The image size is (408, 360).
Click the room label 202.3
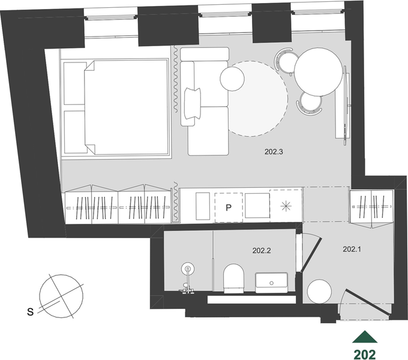coord(274,152)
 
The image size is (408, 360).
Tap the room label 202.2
coord(262,250)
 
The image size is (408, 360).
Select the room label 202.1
coord(352,249)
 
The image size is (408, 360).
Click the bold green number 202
coord(365,354)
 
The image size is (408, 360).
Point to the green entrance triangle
coord(365,337)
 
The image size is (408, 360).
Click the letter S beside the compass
coord(31,311)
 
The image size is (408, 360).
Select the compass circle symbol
coord(61,296)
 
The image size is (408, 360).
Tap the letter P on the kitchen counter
coord(229,208)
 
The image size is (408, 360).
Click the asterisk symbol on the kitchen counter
coord(286,206)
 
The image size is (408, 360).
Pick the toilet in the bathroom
coord(233,278)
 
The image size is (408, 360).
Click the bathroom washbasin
coord(271,283)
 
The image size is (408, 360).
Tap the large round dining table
coord(319,72)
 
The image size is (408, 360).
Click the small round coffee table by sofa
coord(232,79)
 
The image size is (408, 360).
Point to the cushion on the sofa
coord(193,103)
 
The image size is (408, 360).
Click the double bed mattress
coord(126,107)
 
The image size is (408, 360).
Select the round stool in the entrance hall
coord(319,292)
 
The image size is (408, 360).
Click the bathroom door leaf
coord(311,255)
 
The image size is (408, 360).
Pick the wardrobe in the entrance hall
coord(371,206)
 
